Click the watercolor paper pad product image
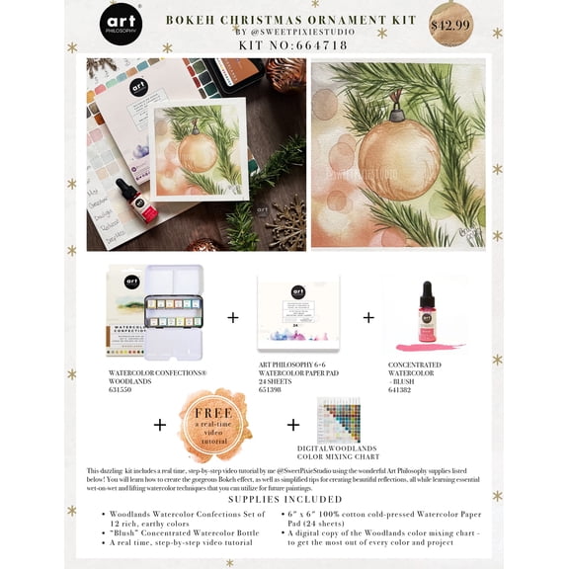pyautogui.click(x=297, y=311)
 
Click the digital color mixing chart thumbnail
pyautogui.click(x=338, y=419)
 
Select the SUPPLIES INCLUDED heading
pyautogui.click(x=284, y=498)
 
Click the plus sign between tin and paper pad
pyautogui.click(x=233, y=317)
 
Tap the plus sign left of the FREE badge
pyautogui.click(x=160, y=424)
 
